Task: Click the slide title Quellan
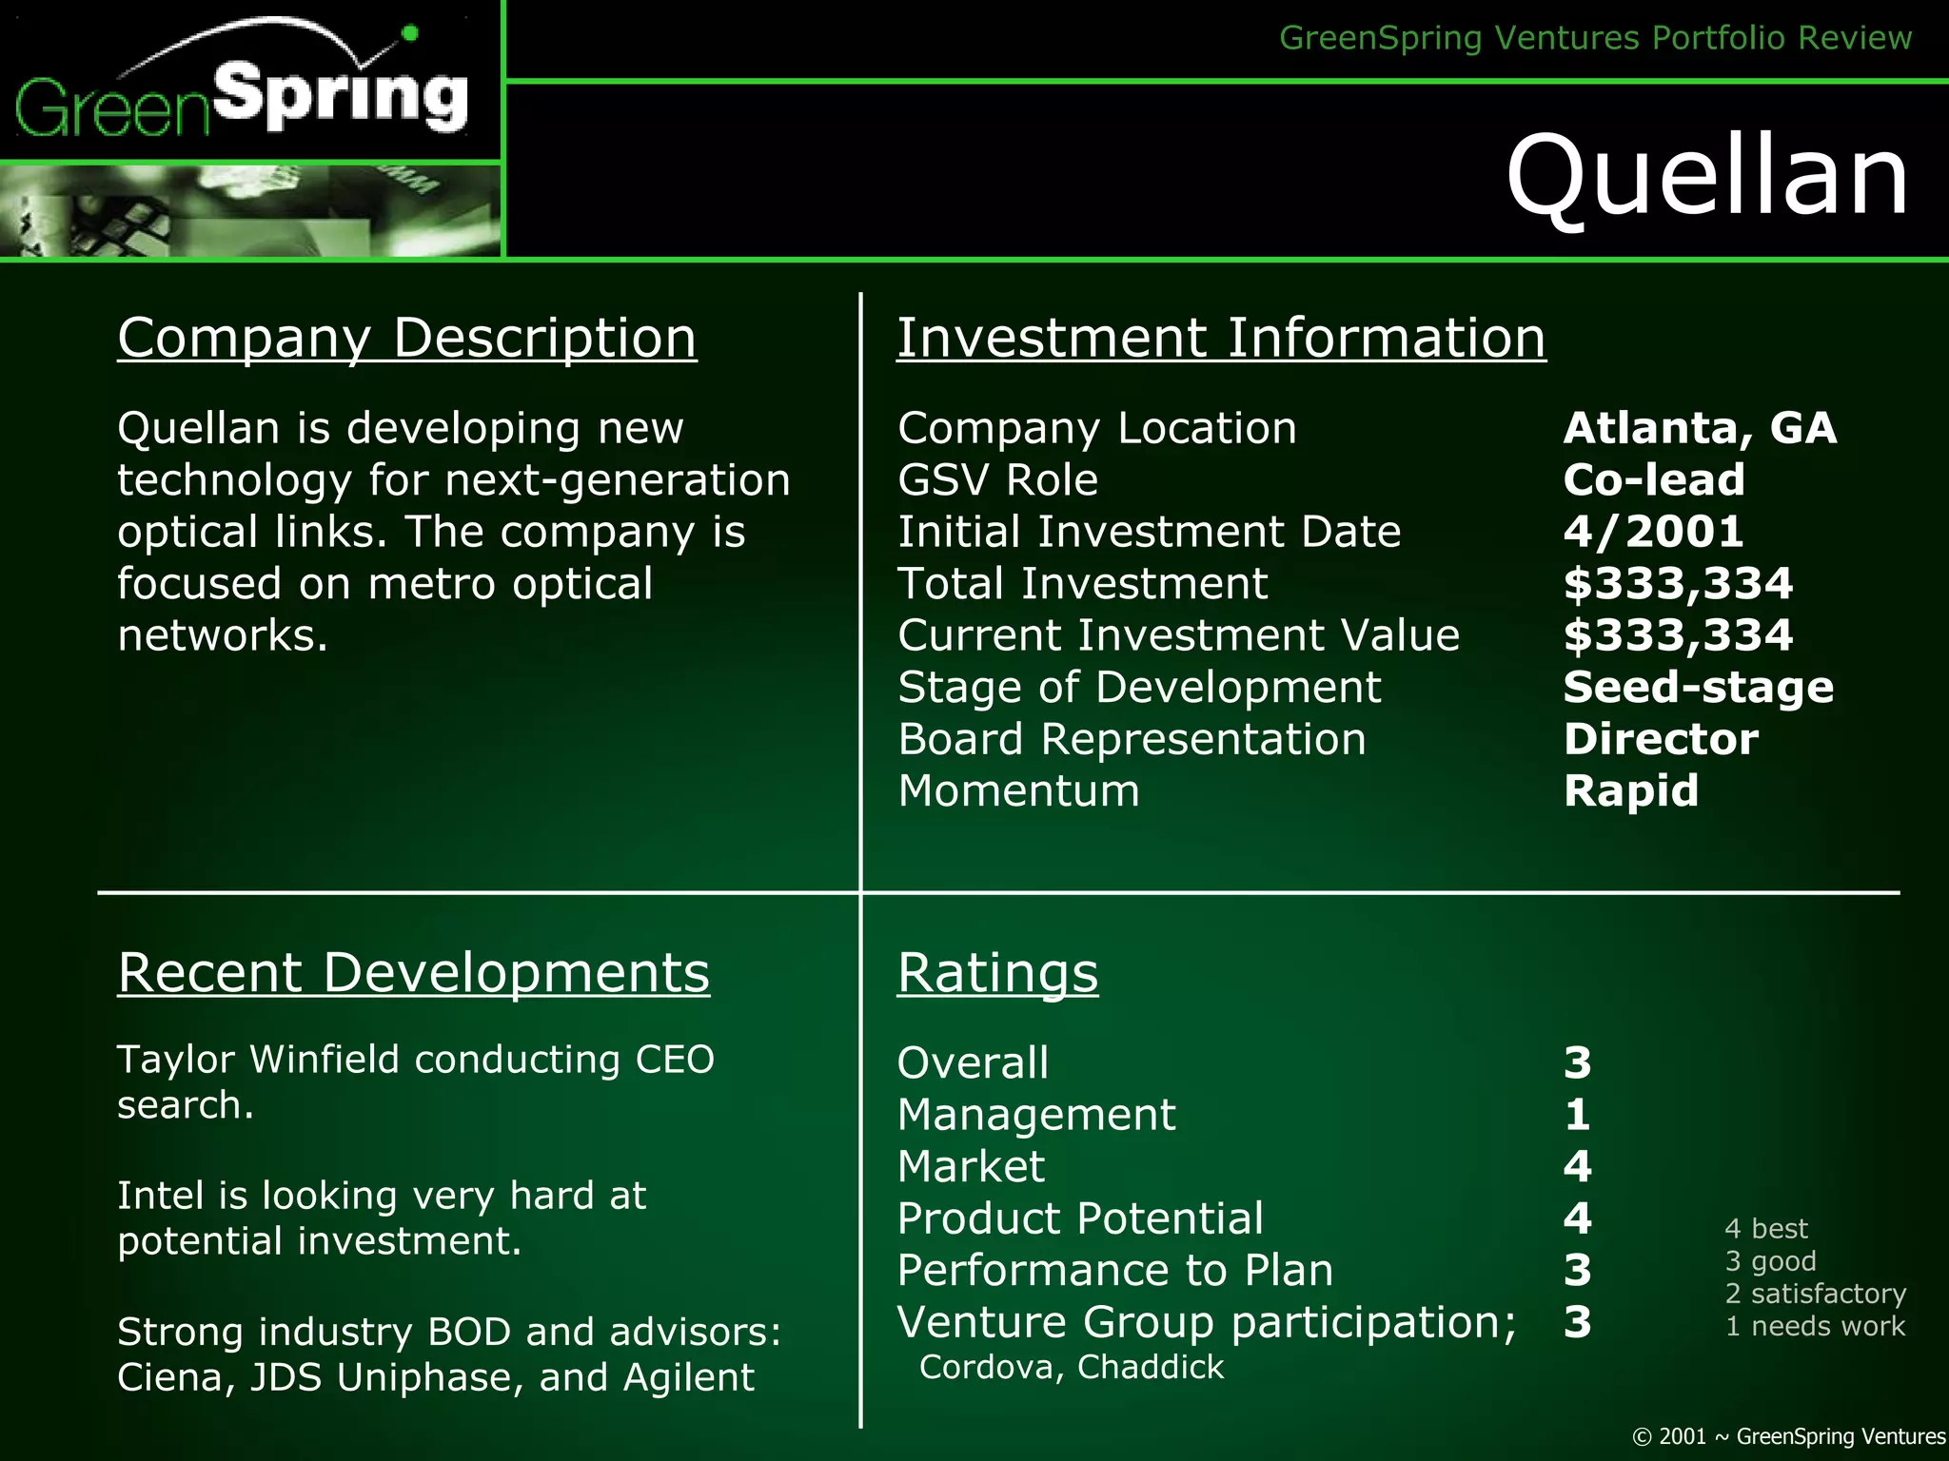tap(1707, 176)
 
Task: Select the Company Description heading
tap(406, 338)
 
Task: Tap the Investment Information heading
tap(1221, 338)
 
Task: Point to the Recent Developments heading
tap(413, 973)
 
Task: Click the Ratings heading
tap(997, 973)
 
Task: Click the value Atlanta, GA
tap(1700, 428)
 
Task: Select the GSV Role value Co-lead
tap(1654, 479)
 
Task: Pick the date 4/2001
tap(1653, 531)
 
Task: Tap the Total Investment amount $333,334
tap(1678, 583)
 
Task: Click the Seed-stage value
tap(1698, 687)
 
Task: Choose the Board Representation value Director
tap(1661, 739)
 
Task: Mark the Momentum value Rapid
tap(1630, 790)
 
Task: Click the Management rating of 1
tap(1577, 1114)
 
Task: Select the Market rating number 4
tap(1577, 1166)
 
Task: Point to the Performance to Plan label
tap(1114, 1270)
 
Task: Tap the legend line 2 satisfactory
tap(1815, 1294)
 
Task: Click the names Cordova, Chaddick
tap(1072, 1367)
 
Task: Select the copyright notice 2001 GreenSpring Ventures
tap(1788, 1436)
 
